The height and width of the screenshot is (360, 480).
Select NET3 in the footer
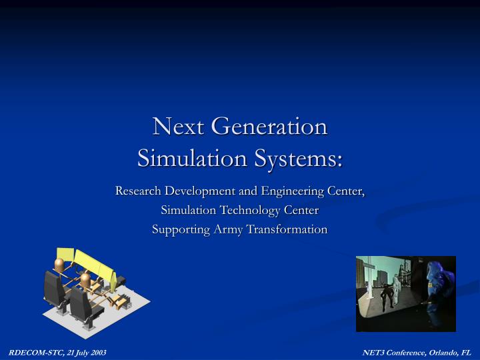pos(373,351)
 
